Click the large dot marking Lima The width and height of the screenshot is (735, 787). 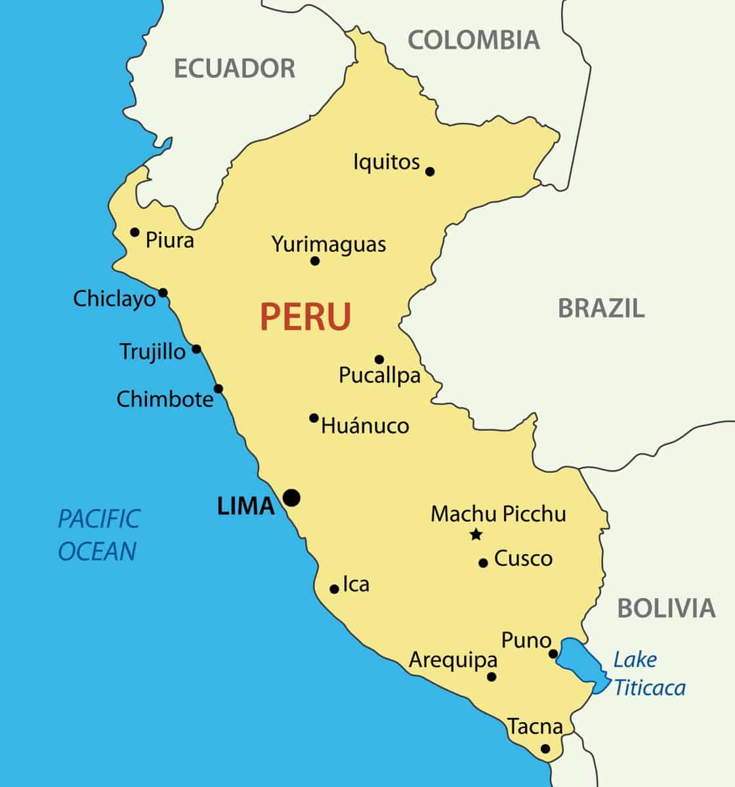coord(291,498)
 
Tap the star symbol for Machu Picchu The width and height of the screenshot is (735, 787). coord(476,535)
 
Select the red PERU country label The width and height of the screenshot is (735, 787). coord(306,316)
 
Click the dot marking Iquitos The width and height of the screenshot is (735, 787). coord(430,172)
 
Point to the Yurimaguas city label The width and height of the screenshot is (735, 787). coord(329,244)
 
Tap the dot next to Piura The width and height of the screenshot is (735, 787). coord(135,232)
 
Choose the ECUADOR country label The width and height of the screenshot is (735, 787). coord(234,68)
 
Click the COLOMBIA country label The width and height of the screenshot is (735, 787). coord(474,40)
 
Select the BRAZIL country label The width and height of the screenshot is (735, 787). coord(601,308)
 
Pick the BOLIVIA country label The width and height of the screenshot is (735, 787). coord(665,609)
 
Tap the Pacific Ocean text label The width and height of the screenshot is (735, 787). coord(98,535)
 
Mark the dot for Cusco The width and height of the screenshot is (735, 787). coord(483,563)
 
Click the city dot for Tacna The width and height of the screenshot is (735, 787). coord(545,748)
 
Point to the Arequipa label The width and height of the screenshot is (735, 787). coord(453,660)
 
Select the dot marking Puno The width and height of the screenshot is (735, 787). coord(553,653)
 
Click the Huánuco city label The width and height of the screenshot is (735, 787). coord(365,426)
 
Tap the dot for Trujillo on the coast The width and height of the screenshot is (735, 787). coord(196,350)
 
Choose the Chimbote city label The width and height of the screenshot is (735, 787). coord(165,399)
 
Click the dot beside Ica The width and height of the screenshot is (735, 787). coord(334,589)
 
